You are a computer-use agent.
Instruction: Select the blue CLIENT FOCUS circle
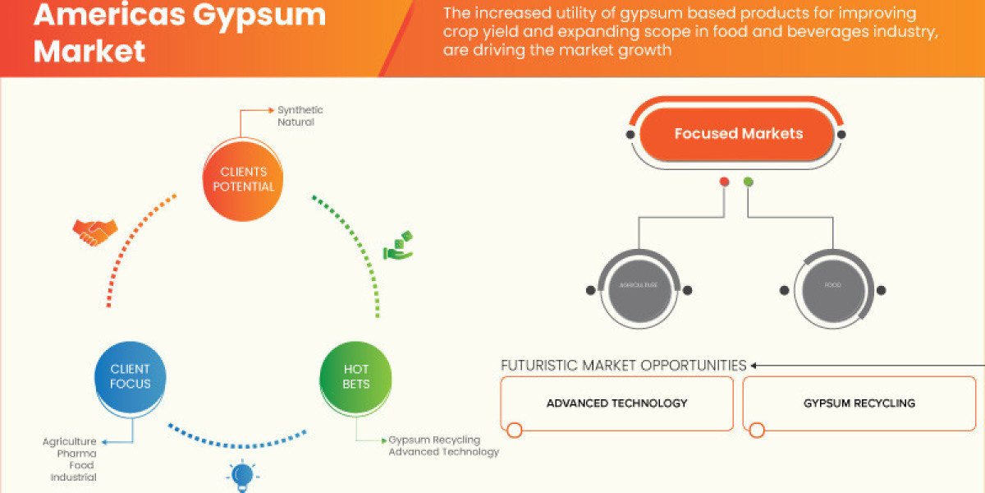point(130,377)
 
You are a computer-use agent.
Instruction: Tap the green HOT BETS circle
point(355,377)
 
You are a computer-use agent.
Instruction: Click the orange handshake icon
point(94,233)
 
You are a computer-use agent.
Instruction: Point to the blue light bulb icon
point(241,476)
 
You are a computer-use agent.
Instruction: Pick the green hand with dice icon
point(399,246)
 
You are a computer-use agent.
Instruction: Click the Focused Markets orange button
point(738,134)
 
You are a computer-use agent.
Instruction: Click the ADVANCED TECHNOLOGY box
point(616,403)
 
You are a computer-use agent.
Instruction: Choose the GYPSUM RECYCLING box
point(859,403)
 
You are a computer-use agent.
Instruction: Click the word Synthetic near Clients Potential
point(300,110)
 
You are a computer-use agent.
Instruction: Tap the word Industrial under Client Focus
point(73,477)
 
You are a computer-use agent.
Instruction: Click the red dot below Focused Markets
point(724,182)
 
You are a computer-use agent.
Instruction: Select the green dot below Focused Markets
point(748,182)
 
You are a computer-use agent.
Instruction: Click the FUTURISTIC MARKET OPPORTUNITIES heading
point(623,366)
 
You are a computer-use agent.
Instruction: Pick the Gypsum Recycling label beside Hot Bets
point(434,440)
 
